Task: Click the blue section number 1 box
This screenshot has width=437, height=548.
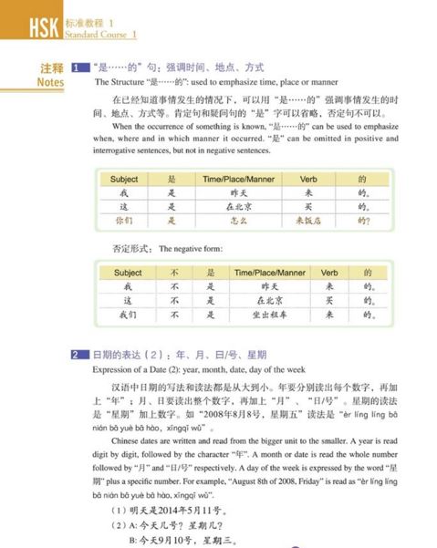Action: pos(79,67)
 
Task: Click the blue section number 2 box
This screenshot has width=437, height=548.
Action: pos(79,355)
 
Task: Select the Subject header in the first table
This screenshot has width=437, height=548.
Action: pos(124,179)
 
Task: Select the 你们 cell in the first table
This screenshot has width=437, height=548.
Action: pos(124,221)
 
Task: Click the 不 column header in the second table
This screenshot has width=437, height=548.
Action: pos(174,273)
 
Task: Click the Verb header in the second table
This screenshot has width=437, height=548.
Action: pos(329,273)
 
